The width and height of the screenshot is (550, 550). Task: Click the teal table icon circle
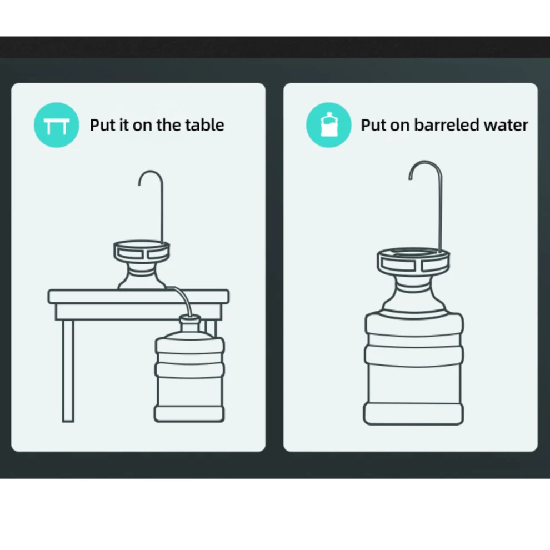click(57, 125)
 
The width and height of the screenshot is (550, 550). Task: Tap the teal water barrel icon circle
click(329, 125)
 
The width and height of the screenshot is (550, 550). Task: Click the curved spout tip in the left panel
click(139, 184)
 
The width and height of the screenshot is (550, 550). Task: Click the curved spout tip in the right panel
click(410, 178)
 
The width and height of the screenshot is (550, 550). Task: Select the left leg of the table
click(68, 371)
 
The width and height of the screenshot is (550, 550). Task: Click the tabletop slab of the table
click(138, 297)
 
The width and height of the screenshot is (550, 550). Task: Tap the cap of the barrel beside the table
click(190, 320)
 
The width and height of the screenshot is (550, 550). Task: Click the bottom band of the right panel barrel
click(413, 414)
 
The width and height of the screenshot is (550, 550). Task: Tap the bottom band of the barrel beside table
click(189, 414)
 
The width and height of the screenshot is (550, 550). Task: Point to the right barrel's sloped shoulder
click(414, 302)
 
